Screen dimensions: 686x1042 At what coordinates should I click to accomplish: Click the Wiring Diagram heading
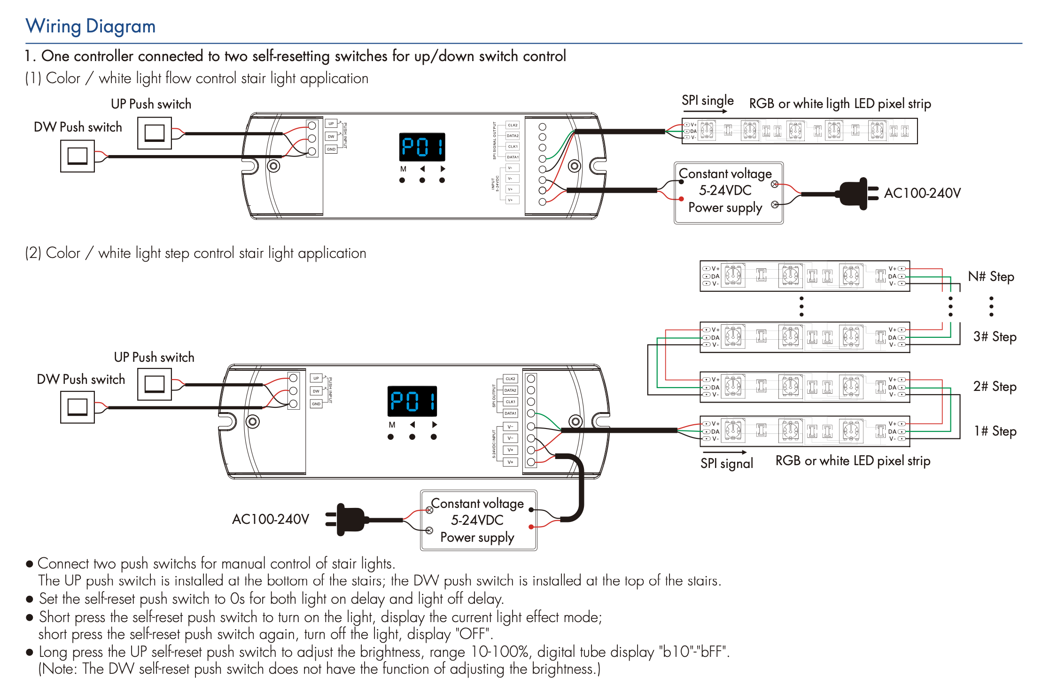pos(90,26)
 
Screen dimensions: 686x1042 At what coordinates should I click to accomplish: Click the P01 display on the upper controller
pos(422,147)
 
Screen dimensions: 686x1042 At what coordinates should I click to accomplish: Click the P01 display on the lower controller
pos(412,401)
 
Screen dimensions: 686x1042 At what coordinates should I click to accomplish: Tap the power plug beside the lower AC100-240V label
pos(348,519)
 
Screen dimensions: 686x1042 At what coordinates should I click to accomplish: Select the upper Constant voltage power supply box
pos(728,193)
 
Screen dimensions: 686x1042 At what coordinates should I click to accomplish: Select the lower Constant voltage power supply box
pos(478,520)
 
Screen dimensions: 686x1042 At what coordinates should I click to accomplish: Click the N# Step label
pos(991,277)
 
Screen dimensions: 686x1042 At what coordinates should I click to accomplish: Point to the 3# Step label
pos(995,337)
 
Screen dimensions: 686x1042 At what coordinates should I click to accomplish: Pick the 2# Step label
pos(995,387)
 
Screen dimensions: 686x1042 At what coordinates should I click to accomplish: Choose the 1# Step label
pos(995,431)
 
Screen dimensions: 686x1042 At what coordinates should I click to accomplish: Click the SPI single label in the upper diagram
pos(707,101)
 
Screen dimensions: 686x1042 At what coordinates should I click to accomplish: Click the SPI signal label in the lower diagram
pos(726,464)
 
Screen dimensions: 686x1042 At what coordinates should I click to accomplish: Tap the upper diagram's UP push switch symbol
pos(155,133)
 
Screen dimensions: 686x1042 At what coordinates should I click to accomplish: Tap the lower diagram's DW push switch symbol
pos(78,407)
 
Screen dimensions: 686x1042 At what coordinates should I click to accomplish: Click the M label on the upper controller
pos(403,169)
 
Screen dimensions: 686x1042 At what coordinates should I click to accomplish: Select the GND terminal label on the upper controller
pos(331,149)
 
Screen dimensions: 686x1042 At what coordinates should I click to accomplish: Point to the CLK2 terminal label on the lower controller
pos(510,379)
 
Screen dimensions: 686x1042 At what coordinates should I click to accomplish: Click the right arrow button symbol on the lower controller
pos(435,424)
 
